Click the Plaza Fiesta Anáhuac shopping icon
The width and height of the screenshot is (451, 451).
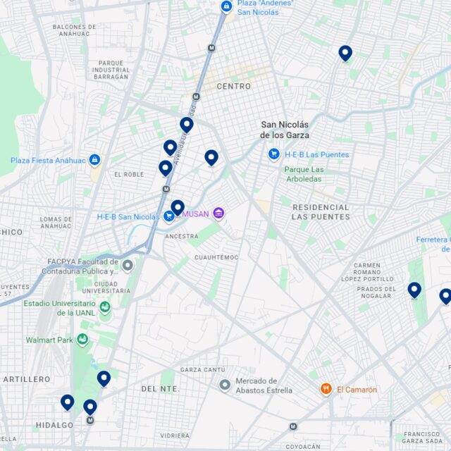pos(94,160)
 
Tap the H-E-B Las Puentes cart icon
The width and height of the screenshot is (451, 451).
pos(274,154)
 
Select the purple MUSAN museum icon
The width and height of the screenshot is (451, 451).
pos(218,213)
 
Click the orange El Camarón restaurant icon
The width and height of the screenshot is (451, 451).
pos(326,389)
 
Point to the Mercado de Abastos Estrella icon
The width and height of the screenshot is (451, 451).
pos(225,385)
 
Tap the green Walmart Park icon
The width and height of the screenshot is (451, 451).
pos(83,340)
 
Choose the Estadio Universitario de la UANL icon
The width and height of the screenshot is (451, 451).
pos(105,307)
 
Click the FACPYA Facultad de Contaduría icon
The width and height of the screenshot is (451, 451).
pos(128,266)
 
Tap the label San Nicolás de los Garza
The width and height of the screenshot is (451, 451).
pos(285,129)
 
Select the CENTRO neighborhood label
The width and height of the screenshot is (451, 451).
pos(233,86)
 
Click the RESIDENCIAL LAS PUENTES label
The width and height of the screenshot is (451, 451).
pos(321,211)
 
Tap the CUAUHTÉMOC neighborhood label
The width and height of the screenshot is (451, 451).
pos(216,257)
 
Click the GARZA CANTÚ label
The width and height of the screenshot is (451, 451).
pos(202,369)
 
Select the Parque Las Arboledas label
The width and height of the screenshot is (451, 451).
pos(304,174)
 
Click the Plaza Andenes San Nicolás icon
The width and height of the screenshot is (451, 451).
pos(226,6)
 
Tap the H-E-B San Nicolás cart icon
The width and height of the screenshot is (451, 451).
pos(169,216)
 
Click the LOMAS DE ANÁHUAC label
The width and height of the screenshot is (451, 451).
pos(56,223)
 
